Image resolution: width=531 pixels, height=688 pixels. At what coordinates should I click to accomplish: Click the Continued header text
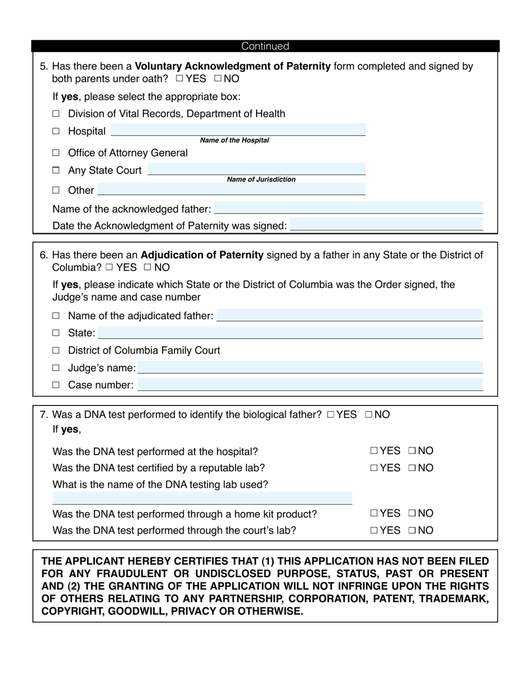coord(265,46)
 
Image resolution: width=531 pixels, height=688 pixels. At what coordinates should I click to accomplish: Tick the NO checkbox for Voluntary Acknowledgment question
coord(217,79)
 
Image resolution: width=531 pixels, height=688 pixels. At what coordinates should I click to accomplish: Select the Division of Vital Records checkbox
coord(56,114)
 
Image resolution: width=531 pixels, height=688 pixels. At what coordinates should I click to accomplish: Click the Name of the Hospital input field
coord(238,130)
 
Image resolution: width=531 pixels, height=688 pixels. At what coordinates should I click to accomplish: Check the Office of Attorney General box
coord(56,153)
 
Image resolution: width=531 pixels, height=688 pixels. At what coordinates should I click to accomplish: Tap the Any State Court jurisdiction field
coord(256,169)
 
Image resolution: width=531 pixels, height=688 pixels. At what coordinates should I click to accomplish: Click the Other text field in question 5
coord(231,190)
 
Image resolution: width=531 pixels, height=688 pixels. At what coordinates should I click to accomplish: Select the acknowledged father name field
coord(348,208)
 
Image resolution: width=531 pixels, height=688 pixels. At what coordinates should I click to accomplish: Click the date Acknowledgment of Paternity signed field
coord(386,225)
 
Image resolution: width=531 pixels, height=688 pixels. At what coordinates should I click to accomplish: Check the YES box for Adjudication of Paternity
coord(109,268)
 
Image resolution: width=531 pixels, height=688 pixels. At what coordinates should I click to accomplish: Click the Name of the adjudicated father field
coord(349,315)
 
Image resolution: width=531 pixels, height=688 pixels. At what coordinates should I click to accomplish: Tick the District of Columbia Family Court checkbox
coord(56,351)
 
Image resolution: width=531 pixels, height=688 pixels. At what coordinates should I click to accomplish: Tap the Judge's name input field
coord(310,367)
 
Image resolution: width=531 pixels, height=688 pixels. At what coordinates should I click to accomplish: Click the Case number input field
coord(310,385)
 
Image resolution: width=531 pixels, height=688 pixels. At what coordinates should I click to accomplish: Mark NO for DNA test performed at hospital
coord(412,451)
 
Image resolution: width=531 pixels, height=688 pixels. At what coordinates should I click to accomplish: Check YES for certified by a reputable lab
coord(374,468)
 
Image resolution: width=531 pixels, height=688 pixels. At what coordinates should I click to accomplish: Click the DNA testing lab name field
coord(202,498)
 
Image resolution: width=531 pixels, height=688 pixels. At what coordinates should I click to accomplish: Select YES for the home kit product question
coord(374,513)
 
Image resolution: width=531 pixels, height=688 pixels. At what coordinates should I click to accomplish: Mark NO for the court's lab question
coord(412,531)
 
